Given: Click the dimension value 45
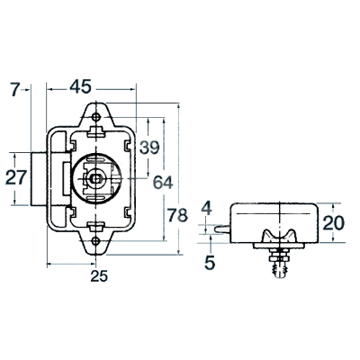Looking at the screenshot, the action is [80, 87].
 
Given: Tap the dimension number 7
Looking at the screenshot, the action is [15, 89].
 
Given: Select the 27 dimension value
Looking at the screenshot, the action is [16, 178].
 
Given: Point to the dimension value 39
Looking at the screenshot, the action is [149, 148].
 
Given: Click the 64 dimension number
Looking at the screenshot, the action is [163, 183].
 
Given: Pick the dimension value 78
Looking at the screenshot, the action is [177, 215].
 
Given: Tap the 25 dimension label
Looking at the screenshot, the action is [99, 276].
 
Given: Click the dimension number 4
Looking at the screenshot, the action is [207, 208].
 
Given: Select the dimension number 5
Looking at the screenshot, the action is [210, 263].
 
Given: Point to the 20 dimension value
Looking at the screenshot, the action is [334, 223].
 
